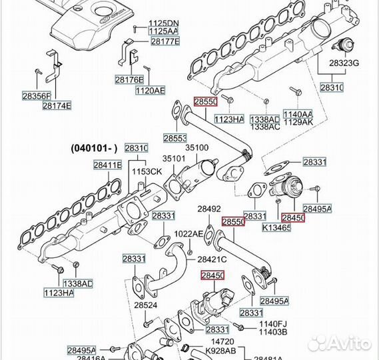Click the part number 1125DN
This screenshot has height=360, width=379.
click(163, 23)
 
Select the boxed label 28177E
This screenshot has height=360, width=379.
click(164, 41)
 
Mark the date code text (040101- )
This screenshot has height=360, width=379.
click(95, 148)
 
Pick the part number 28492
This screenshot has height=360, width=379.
click(208, 209)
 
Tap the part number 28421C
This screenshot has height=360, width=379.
click(212, 259)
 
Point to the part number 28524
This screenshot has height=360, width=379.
click(146, 305)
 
